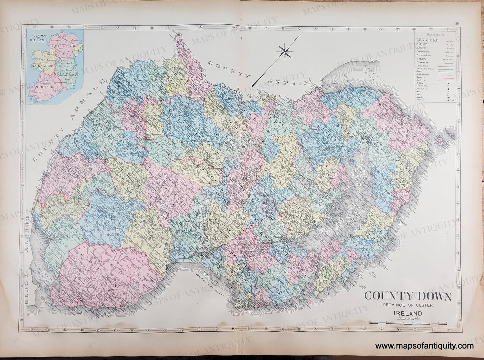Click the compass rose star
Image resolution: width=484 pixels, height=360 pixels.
285,51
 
